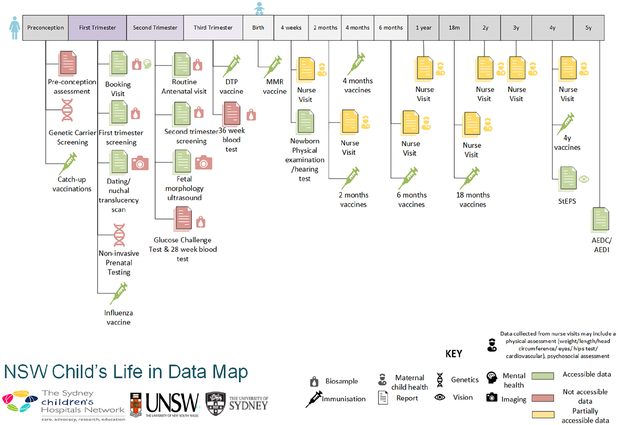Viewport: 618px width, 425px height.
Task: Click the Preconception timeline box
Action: [45, 28]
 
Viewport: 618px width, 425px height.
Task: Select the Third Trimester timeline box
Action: [213, 28]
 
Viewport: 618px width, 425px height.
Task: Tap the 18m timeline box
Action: [454, 28]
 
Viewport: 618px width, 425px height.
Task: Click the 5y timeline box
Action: [588, 28]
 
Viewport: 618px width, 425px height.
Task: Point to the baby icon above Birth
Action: [259, 8]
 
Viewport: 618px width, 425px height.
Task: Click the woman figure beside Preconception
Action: [14, 28]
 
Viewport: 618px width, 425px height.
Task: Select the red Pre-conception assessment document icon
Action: [67, 63]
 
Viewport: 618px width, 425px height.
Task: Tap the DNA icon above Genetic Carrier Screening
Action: [67, 110]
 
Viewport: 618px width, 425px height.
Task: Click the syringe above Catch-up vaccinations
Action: [68, 163]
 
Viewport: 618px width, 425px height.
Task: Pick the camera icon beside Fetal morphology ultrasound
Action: [203, 163]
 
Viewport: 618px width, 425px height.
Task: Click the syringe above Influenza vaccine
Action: [119, 293]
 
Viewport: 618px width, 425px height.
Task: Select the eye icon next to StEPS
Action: [584, 179]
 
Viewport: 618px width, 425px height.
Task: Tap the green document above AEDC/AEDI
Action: [600, 219]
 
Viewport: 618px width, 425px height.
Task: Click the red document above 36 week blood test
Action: [232, 113]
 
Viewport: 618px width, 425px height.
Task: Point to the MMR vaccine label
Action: [275, 86]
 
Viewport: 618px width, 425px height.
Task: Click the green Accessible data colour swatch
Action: [543, 376]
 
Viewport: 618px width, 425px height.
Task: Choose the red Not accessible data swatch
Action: [543, 398]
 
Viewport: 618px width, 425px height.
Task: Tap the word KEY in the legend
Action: [454, 354]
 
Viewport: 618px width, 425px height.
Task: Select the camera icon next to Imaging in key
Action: [492, 397]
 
